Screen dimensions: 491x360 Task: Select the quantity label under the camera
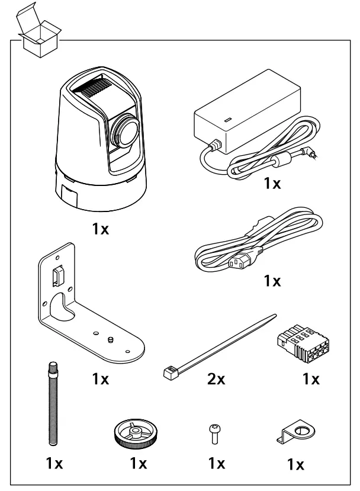click(x=100, y=230)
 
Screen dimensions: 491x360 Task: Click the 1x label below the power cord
click(x=272, y=281)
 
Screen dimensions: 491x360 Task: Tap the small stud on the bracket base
click(x=111, y=340)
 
